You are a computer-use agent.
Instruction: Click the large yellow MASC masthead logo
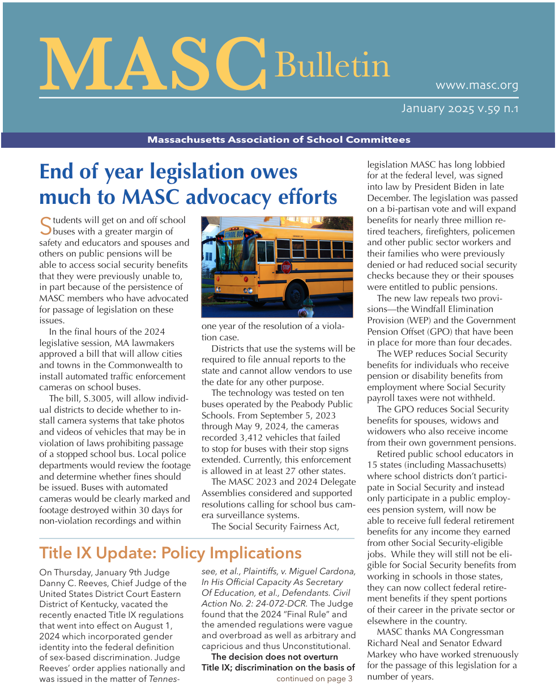click(x=152, y=63)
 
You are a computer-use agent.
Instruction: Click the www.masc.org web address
click(x=476, y=86)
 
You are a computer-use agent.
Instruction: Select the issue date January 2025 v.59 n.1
click(x=459, y=108)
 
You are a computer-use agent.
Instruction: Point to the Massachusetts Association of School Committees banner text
click(x=279, y=140)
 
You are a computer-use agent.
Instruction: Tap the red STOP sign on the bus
click(x=287, y=266)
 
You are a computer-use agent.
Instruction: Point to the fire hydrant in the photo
click(x=305, y=309)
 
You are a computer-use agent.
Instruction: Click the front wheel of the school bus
click(x=295, y=294)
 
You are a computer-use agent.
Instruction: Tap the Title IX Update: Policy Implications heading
click(x=170, y=553)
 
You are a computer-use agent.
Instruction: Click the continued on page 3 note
click(x=314, y=678)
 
